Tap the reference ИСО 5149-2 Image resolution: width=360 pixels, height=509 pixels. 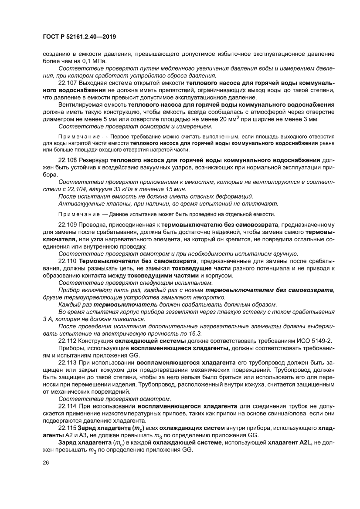pos(314,340)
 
